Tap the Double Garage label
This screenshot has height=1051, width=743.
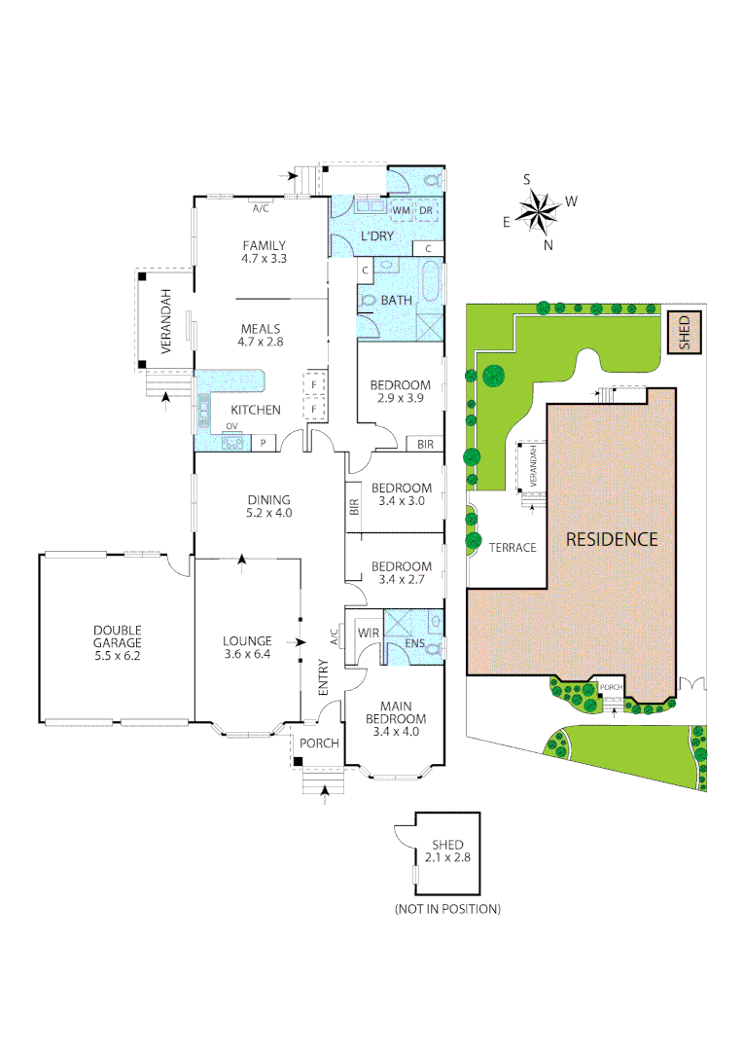(118, 635)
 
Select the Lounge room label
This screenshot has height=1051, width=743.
(246, 641)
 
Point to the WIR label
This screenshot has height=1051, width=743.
(368, 634)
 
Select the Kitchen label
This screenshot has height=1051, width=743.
(256, 410)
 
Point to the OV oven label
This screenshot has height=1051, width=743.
(231, 426)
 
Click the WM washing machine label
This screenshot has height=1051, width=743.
(401, 210)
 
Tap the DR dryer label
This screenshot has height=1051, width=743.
(425, 210)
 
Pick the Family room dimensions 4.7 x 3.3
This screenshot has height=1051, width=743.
(265, 259)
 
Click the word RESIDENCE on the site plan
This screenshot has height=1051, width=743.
(613, 538)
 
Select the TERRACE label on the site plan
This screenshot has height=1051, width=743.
(513, 547)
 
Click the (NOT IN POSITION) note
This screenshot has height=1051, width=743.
(447, 909)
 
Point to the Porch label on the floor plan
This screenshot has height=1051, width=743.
(319, 743)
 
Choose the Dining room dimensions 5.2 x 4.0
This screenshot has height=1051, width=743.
(269, 512)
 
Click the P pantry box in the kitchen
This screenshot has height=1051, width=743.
(264, 443)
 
